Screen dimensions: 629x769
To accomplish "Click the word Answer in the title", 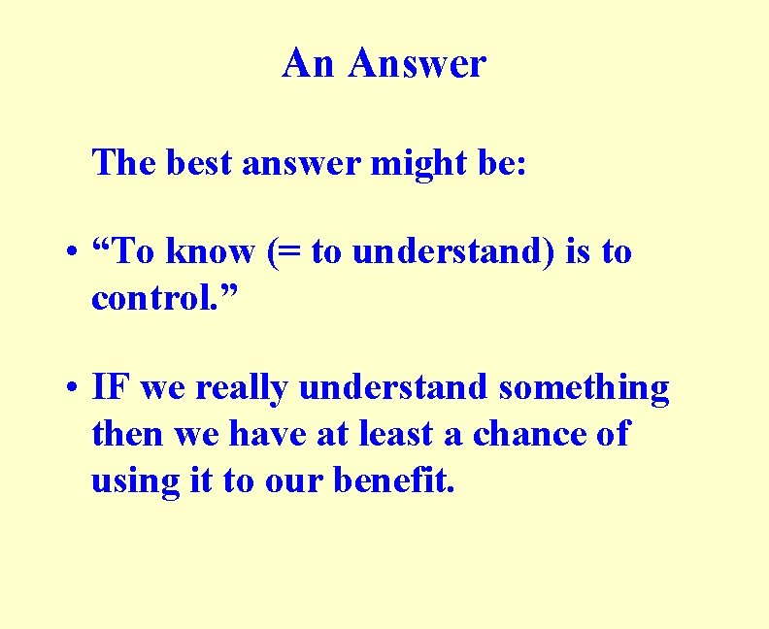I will tap(418, 65).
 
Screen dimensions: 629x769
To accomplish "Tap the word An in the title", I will tap(309, 65).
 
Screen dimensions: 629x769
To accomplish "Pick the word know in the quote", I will tap(210, 252).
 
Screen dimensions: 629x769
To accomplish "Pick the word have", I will tap(268, 434).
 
